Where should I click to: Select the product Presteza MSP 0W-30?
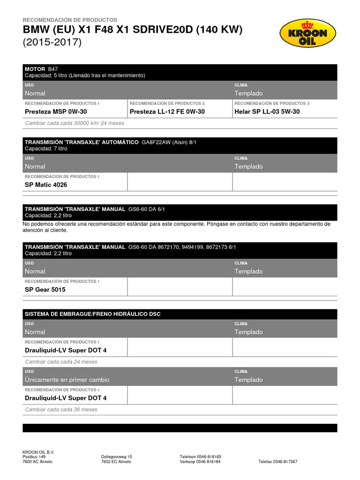[x=56, y=112]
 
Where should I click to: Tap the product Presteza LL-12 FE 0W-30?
[x=167, y=112]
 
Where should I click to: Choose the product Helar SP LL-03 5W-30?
[x=267, y=112]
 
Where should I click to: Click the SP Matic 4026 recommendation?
[x=46, y=185]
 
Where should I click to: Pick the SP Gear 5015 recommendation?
[x=45, y=290]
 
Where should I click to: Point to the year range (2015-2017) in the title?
[x=52, y=42]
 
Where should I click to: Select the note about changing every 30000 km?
[x=75, y=123]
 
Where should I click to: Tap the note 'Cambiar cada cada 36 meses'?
[x=61, y=409]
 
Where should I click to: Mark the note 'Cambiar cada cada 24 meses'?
[x=61, y=362]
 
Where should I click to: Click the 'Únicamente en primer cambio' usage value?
[x=67, y=380]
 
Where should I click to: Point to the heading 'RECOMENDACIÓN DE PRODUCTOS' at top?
[x=70, y=20]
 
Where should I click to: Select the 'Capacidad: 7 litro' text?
[x=46, y=148]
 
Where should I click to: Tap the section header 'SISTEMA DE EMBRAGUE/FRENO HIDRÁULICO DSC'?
[x=92, y=314]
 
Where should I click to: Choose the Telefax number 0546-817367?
[x=277, y=462]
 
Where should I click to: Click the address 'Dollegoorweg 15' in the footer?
[x=117, y=457]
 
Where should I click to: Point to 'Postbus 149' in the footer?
[x=34, y=457]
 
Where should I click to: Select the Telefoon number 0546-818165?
[x=201, y=457]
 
